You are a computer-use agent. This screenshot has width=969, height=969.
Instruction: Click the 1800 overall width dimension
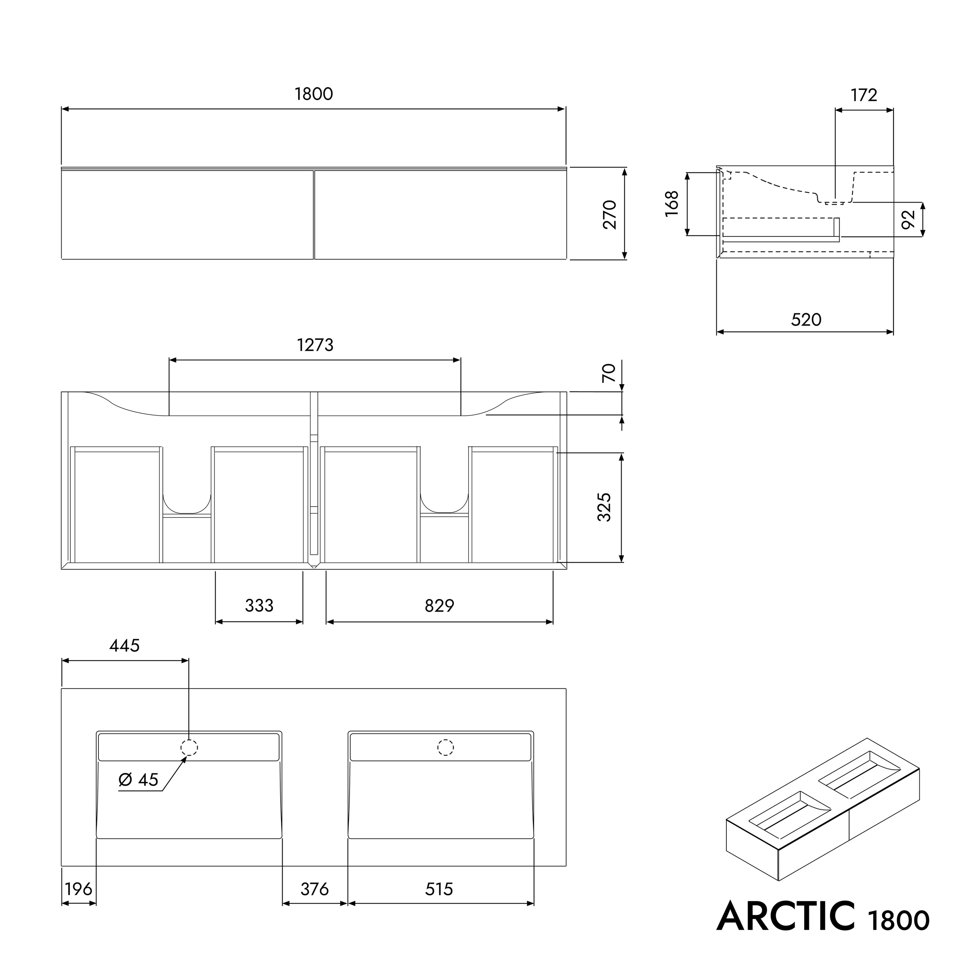tap(314, 94)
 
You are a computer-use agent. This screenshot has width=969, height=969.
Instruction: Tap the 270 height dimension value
tap(609, 214)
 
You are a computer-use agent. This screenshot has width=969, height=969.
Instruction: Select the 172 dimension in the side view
tap(864, 95)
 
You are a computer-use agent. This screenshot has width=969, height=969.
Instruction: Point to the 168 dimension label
tap(672, 203)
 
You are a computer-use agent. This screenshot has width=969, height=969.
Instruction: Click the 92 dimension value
tap(908, 219)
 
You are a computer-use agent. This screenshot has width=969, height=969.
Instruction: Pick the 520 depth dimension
tap(805, 319)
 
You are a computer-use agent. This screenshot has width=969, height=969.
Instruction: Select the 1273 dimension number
tap(315, 345)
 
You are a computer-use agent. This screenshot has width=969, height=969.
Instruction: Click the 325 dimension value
tap(604, 507)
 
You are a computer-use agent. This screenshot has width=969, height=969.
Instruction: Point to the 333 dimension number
tap(259, 606)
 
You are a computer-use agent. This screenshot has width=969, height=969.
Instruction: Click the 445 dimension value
tap(124, 645)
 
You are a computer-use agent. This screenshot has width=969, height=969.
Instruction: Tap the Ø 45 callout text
tap(138, 779)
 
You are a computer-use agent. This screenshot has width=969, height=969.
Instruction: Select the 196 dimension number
tap(79, 889)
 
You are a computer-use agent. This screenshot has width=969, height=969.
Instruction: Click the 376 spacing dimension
tap(314, 889)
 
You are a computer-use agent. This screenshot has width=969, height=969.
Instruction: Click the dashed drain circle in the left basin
tap(189, 747)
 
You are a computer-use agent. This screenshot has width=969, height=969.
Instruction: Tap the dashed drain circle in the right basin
tap(445, 747)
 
